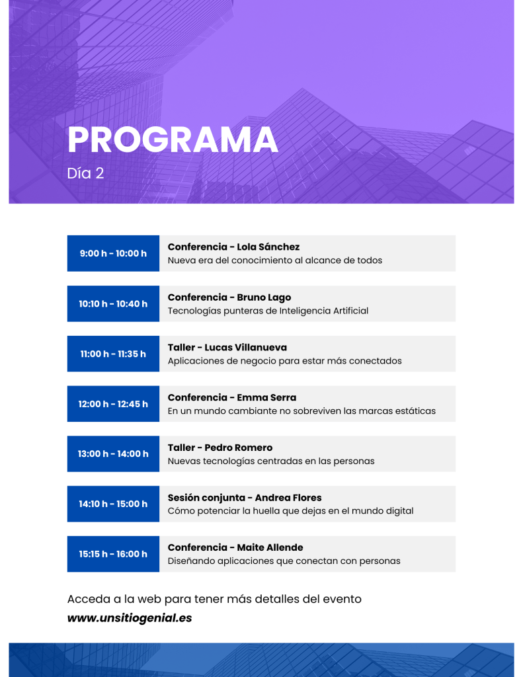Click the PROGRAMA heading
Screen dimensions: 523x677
click(x=173, y=139)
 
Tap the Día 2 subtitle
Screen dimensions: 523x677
click(x=85, y=173)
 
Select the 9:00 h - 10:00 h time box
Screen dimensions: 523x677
click(x=113, y=253)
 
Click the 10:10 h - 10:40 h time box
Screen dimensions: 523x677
click(x=113, y=303)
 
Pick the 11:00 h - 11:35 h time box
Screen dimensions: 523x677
click(x=113, y=354)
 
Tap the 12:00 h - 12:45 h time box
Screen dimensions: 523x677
click(x=113, y=404)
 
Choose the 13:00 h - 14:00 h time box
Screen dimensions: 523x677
click(x=113, y=454)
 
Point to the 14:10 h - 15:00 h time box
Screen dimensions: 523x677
click(x=113, y=504)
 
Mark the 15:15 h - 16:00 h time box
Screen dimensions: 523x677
click(x=113, y=554)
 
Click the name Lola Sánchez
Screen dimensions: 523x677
click(x=268, y=247)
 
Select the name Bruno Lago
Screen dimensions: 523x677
click(x=264, y=298)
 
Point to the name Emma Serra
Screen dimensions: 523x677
click(x=266, y=397)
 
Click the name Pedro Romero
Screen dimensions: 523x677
click(x=239, y=448)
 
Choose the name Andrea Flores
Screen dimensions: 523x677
click(x=288, y=498)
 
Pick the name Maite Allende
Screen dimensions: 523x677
click(x=270, y=547)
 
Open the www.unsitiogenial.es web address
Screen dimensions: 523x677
click(x=130, y=618)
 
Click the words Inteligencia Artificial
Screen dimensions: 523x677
click(x=324, y=311)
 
